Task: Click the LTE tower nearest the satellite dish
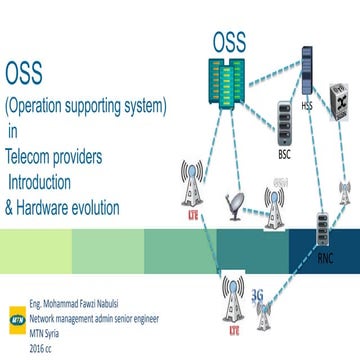coord(191,190)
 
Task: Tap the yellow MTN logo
coord(15,310)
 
